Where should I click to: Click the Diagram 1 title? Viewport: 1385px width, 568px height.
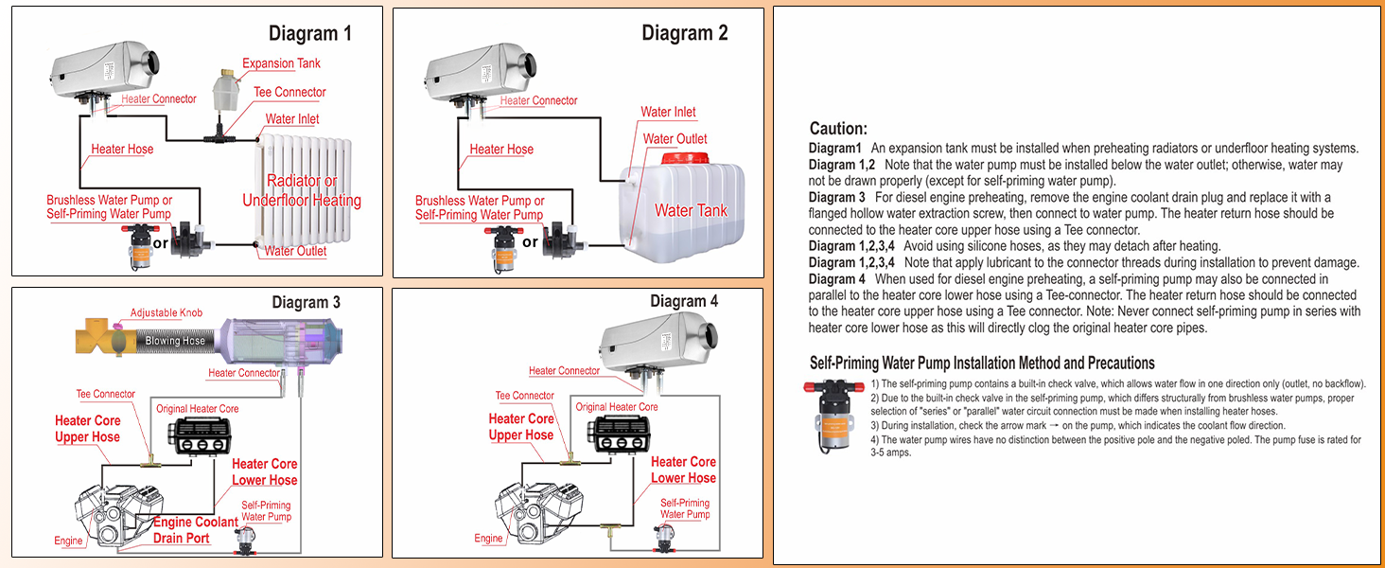[309, 34]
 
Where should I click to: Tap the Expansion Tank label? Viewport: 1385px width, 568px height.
[281, 63]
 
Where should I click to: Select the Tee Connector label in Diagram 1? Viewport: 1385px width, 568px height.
[289, 92]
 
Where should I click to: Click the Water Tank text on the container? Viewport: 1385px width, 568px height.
[691, 210]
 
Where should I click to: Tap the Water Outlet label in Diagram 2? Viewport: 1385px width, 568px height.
[675, 139]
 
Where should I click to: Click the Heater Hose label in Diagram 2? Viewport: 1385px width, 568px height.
[501, 149]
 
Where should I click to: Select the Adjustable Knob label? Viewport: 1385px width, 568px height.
[167, 313]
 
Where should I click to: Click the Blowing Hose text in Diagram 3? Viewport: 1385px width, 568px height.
[175, 341]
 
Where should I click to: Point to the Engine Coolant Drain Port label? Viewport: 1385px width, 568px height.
[196, 530]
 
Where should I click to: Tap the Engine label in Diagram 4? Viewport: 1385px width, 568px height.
[488, 538]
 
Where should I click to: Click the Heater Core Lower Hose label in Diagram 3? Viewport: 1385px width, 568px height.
[264, 471]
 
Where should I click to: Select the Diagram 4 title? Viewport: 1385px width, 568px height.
[684, 301]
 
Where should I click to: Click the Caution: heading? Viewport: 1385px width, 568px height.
[838, 129]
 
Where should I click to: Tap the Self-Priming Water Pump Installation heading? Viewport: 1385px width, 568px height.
[982, 363]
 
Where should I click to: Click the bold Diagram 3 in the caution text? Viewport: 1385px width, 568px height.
[836, 197]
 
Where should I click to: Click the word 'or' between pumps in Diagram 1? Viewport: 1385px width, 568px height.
[161, 243]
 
